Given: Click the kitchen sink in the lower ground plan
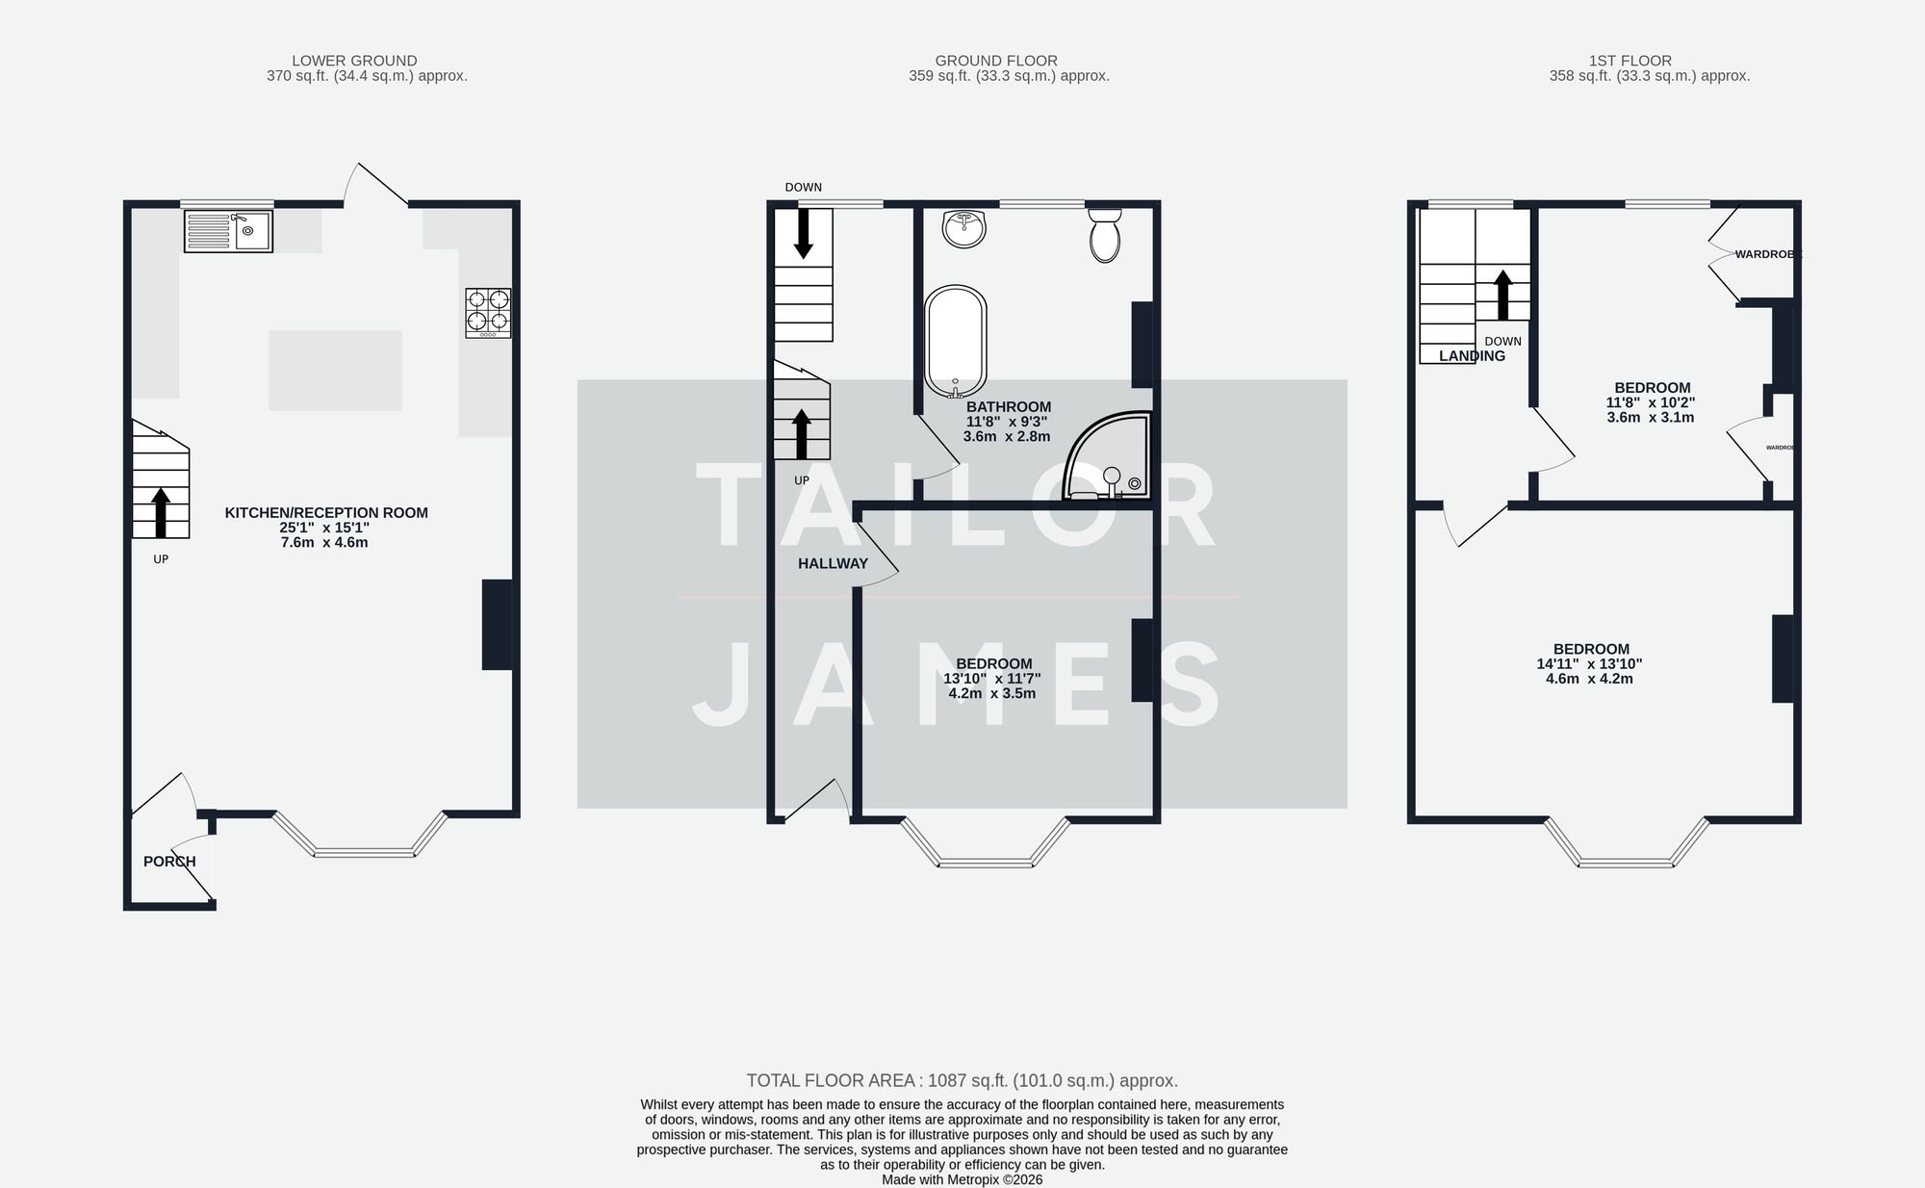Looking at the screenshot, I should click(x=228, y=232).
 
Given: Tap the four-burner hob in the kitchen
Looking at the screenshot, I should click(x=488, y=313).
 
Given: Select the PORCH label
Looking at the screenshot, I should click(x=169, y=862).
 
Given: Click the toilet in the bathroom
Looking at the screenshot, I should click(x=1105, y=236).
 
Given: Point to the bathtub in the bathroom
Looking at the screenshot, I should click(x=955, y=341).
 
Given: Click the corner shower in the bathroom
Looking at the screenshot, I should click(x=1110, y=459).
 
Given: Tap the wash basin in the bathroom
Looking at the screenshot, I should click(x=964, y=229).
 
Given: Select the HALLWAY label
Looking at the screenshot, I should click(x=833, y=564).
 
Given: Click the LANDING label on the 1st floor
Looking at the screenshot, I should click(x=1472, y=356).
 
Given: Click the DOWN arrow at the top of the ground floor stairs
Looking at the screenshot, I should click(x=803, y=234).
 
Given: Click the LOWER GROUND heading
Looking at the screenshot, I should click(x=354, y=61).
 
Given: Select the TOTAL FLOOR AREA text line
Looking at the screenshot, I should click(x=962, y=1080).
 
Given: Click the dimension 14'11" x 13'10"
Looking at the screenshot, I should click(x=1589, y=663).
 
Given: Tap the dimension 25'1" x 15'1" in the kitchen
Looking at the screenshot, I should click(x=325, y=528).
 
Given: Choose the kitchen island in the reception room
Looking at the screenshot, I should click(x=335, y=371).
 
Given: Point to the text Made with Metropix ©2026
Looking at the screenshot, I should click(x=962, y=1179).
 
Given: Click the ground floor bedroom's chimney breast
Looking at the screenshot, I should click(x=1142, y=659).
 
